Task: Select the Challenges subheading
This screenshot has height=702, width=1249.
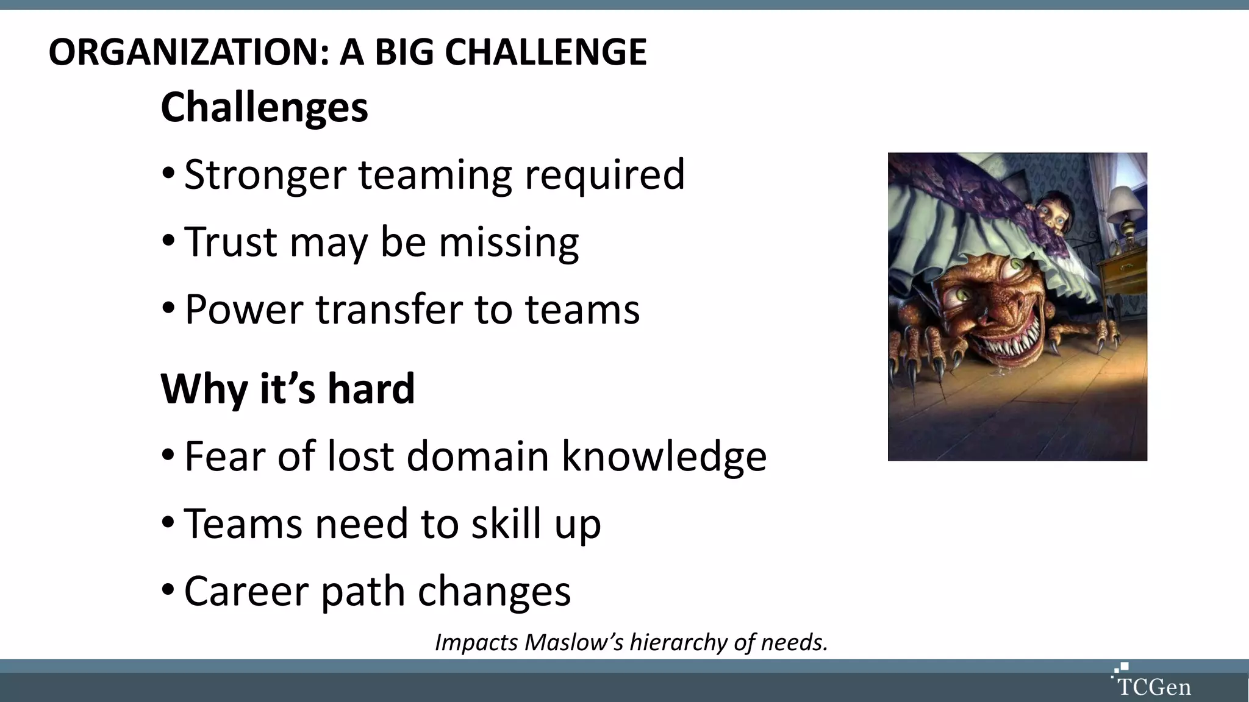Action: tap(264, 107)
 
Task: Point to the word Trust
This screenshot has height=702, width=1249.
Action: tap(231, 242)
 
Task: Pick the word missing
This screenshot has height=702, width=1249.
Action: tap(509, 243)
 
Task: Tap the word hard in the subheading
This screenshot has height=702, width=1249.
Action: tap(371, 389)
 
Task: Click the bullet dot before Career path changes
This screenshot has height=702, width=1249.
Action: tap(168, 590)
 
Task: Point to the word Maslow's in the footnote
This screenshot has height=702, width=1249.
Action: tap(574, 642)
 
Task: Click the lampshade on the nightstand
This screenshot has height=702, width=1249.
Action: tap(1125, 204)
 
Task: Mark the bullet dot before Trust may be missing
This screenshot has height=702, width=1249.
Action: tap(168, 241)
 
